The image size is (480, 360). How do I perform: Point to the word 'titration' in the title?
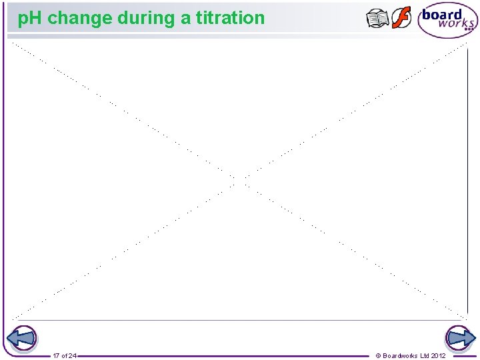(230, 18)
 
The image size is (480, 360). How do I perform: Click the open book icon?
(377, 19)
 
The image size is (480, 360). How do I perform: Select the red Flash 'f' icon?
(401, 18)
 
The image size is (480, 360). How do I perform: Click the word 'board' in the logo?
(442, 15)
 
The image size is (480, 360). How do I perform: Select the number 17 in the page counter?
(56, 355)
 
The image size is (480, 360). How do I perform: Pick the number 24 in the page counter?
(72, 355)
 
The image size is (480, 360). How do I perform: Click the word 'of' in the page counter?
(64, 355)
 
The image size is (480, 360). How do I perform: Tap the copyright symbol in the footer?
(379, 355)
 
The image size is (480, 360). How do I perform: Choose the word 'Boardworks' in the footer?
(400, 355)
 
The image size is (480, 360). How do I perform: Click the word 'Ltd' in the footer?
(425, 355)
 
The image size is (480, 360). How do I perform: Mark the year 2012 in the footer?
(439, 355)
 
